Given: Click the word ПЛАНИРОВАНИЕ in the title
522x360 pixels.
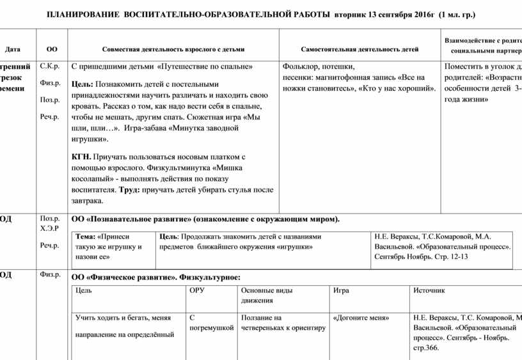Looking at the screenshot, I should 82,14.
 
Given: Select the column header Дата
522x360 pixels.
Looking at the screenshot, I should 12,49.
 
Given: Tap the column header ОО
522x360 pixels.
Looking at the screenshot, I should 52,49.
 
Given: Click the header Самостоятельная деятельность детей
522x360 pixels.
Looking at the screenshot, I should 360,49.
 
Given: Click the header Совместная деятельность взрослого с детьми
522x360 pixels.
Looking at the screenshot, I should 173,49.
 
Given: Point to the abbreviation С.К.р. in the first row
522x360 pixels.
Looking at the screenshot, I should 49,66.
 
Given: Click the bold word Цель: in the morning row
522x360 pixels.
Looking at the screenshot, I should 83,84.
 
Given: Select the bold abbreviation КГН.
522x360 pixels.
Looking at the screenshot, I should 81,156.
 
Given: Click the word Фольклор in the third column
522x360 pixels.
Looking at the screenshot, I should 300,66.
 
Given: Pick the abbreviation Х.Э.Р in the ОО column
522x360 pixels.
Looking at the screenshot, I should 50,228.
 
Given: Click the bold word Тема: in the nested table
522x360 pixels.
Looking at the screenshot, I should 86,236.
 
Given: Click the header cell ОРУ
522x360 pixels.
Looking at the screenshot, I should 198,290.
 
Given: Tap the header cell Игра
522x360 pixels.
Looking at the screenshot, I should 341,290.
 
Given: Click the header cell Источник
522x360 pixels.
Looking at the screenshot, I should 429,290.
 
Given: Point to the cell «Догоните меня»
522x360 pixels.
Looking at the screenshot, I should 361,318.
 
